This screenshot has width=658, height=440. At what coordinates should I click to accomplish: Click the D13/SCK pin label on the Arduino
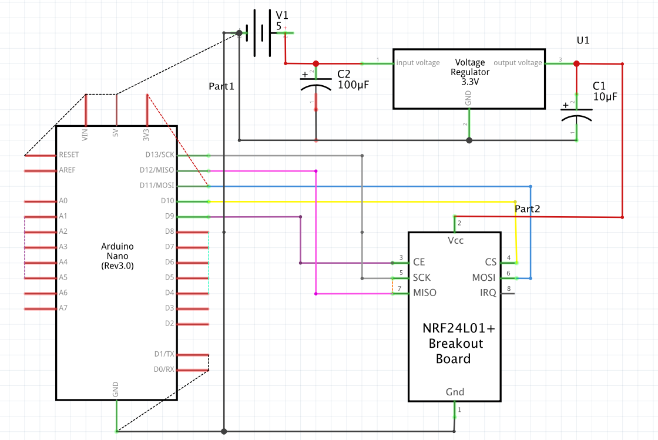[x=160, y=155]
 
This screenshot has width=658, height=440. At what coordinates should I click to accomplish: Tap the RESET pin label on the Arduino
[x=69, y=155]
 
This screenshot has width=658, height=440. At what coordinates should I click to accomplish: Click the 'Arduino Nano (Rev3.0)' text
[x=117, y=256]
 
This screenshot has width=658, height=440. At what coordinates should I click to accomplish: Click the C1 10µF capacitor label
[x=605, y=91]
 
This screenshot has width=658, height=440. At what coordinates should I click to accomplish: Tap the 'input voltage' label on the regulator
[x=418, y=63]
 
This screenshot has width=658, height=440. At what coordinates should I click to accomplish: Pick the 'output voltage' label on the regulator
[x=518, y=63]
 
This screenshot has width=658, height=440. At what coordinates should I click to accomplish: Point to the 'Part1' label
[x=221, y=86]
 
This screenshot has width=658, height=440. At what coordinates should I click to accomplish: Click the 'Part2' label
[x=527, y=209]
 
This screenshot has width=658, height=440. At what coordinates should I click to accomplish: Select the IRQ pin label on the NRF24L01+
[x=488, y=293]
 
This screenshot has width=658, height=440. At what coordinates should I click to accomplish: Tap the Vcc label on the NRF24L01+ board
[x=455, y=241]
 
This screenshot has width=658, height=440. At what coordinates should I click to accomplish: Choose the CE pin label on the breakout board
[x=419, y=262]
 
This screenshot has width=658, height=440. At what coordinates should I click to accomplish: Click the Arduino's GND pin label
[x=116, y=388]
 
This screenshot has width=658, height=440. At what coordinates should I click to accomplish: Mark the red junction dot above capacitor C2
[x=315, y=63]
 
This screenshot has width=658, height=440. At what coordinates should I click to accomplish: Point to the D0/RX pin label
[x=163, y=370]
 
